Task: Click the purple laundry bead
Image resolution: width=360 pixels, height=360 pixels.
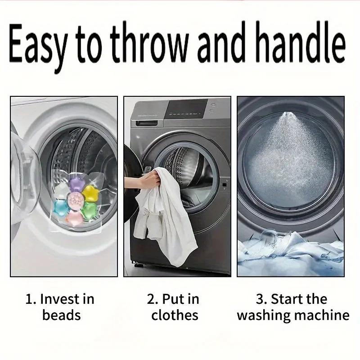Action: (x=76, y=184)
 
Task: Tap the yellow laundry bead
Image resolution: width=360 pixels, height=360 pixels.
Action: (x=90, y=193)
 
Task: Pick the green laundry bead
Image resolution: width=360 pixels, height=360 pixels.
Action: (x=90, y=210)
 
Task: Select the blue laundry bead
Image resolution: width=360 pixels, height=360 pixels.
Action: (x=61, y=208)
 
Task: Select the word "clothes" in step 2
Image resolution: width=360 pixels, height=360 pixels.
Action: (x=175, y=315)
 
